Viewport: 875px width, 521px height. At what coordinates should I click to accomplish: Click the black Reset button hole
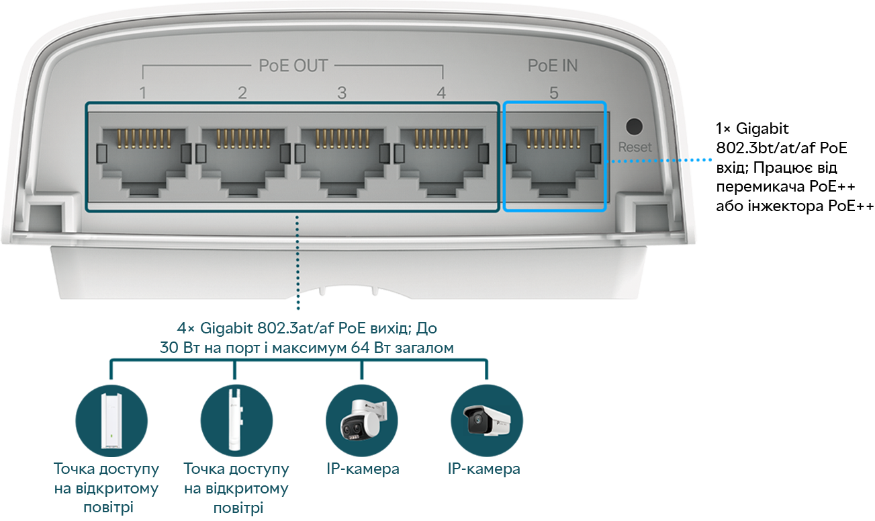634,127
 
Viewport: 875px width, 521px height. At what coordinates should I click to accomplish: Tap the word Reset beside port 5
635,147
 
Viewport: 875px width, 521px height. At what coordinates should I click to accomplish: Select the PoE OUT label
293,66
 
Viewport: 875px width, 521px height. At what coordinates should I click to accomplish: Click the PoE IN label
553,66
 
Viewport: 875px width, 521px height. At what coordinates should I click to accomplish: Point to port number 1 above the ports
143,93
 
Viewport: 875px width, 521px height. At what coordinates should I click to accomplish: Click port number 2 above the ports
242,93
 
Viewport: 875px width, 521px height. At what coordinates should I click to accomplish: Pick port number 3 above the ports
342,93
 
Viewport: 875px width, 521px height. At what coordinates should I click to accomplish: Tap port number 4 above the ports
441,93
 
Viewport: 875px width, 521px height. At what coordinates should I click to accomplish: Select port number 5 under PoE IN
554,93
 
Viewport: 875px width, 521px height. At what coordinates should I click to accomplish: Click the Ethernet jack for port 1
143,161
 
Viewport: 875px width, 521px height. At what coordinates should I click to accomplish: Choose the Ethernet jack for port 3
342,161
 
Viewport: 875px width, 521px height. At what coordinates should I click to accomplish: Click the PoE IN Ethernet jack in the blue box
554,161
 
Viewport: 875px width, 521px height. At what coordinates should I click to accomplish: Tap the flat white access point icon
111,420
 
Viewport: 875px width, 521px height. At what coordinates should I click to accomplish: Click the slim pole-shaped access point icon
236,420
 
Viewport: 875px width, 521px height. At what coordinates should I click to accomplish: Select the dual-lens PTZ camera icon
362,420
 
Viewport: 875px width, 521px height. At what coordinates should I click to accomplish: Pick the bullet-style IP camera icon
487,420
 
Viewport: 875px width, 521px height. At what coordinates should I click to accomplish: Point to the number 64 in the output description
360,348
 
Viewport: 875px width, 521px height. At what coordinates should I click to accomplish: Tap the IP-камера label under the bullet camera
483,469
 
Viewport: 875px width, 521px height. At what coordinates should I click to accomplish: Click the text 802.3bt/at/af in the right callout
766,148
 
